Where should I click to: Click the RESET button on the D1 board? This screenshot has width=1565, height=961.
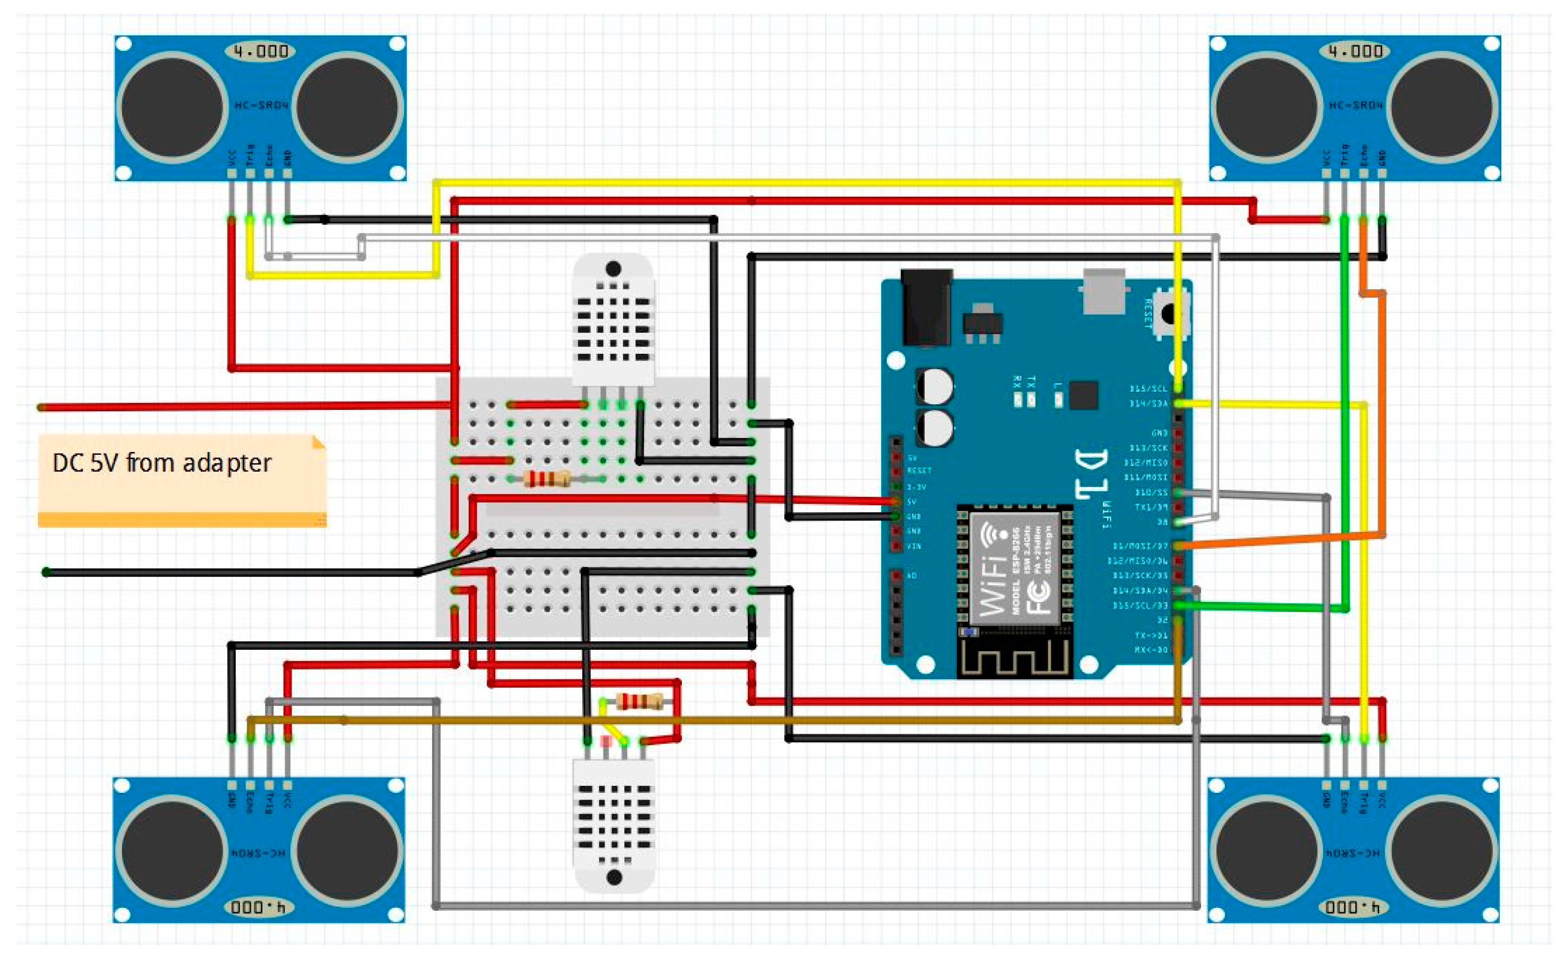point(1168,313)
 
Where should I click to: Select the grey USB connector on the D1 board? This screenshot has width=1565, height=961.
point(1103,291)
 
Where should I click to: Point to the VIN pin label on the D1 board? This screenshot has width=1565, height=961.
point(913,546)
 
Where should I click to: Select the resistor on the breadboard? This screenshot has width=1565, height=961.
point(547,479)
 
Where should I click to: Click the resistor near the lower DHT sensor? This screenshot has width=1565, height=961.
point(640,701)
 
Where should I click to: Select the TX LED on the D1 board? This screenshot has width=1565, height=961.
point(1031,400)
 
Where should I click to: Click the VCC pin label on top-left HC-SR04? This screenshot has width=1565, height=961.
point(231,157)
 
